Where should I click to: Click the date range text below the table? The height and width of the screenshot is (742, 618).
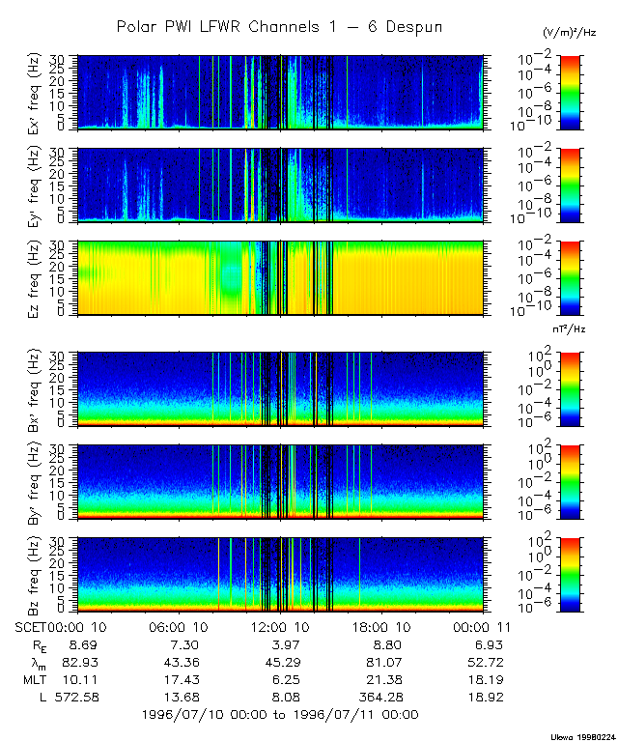click(279, 715)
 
